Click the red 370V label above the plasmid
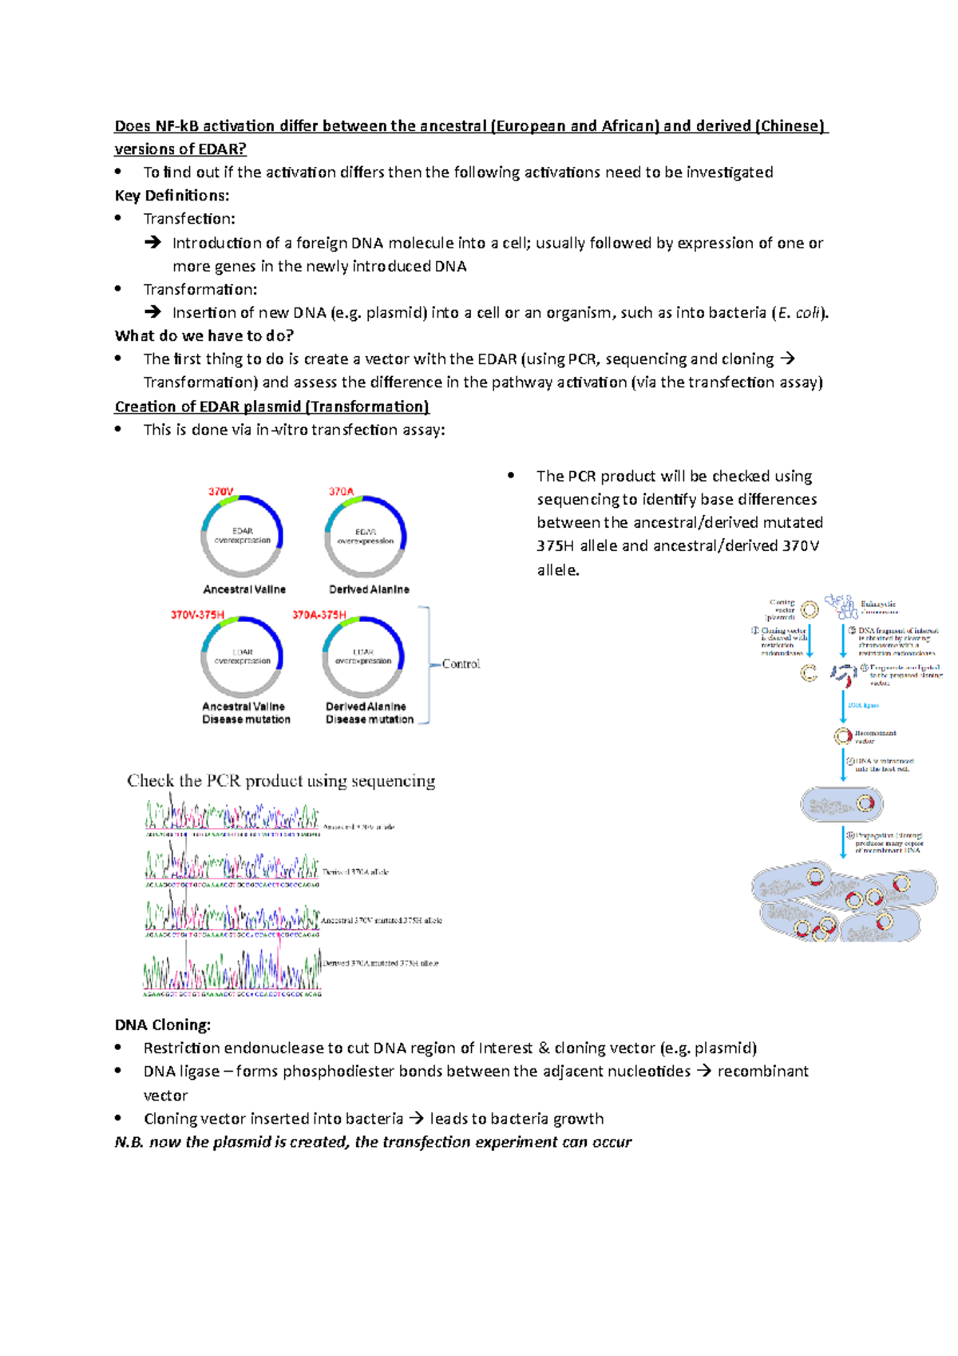221,491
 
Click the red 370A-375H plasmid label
319,615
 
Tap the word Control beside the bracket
461,664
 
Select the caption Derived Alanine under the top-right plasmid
369,589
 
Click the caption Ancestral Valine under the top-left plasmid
244,589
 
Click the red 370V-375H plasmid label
198,615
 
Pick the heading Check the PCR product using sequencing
281,780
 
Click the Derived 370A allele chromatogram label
355,872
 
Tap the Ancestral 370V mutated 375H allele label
382,920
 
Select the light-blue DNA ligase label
863,705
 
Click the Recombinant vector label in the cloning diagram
875,736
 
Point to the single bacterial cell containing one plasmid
841,804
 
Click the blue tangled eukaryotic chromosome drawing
841,605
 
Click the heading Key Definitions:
172,196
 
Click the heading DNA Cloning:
163,1025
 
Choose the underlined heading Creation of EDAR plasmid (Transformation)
271,406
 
